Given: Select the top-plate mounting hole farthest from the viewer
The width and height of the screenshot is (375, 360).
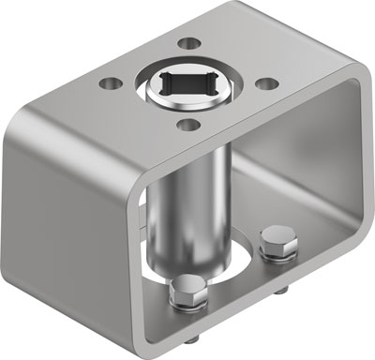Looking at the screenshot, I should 187,42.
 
